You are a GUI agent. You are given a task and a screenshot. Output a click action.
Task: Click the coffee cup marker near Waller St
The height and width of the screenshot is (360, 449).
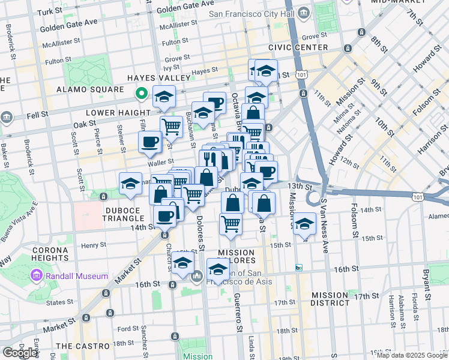pyautogui.click(x=149, y=143)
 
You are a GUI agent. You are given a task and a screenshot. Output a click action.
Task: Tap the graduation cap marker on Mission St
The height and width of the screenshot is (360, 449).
pyautogui.click(x=305, y=224)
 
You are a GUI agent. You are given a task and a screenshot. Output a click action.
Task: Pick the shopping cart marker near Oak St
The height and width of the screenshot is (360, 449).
pyautogui.click(x=171, y=127)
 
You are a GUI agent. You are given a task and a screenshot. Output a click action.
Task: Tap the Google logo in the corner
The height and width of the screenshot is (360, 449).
pyautogui.click(x=20, y=353)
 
